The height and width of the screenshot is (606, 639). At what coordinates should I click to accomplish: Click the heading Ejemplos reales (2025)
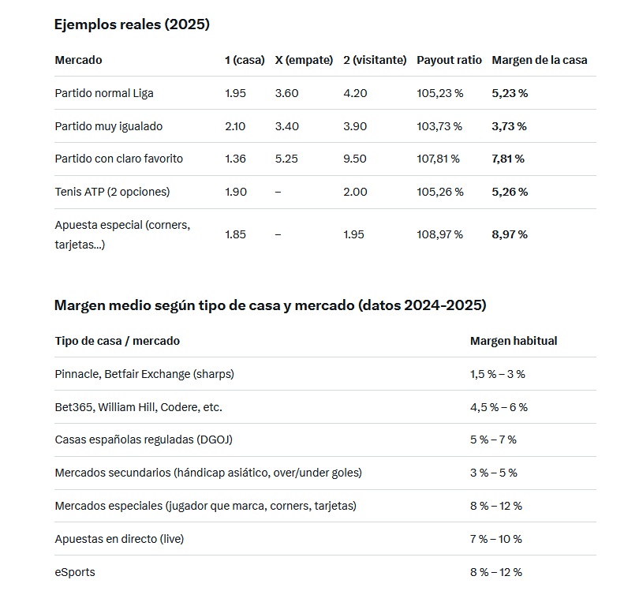pos(132,24)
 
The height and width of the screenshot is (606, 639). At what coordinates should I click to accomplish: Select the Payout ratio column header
pos(449,60)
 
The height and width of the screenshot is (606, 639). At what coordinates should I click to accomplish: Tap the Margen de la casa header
pos(539,60)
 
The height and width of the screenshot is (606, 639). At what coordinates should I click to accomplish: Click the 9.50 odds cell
pos(355,159)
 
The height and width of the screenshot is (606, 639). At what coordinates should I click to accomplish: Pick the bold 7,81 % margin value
pos(508,159)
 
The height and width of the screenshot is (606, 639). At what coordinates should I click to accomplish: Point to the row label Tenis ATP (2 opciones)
pos(112,192)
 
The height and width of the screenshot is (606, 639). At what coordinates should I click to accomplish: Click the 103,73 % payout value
pos(439,126)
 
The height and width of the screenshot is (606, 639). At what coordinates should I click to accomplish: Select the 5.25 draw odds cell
pos(286,159)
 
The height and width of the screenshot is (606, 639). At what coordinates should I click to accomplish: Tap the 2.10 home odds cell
pos(235,126)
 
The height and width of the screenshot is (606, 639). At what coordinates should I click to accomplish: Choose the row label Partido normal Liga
pos(104,93)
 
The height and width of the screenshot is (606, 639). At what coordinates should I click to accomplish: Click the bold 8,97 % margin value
pos(510,234)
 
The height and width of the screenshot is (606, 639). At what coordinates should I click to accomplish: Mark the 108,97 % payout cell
pos(439,234)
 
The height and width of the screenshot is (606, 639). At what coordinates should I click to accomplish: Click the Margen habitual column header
pos(514,341)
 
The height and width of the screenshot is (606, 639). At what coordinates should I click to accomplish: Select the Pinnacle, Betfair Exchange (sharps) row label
pos(144,374)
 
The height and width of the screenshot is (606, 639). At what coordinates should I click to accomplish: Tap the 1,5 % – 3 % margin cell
pos(497,374)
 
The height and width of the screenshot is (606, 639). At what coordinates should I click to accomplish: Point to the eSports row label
pos(75,572)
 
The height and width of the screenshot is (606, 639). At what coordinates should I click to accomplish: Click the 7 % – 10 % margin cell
pos(495,539)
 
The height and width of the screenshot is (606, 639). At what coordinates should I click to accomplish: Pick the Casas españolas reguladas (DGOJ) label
pos(144,440)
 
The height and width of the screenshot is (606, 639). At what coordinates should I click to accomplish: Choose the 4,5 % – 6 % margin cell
pos(499,407)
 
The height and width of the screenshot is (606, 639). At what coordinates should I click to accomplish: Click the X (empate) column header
pos(304,60)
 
